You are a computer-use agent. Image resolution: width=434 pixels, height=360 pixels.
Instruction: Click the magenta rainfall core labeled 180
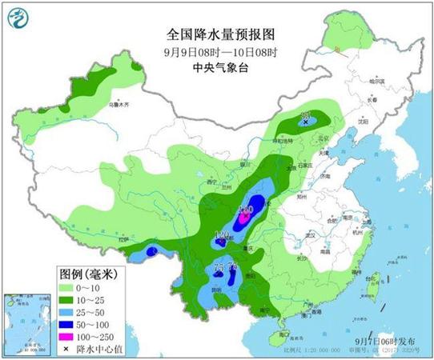click(246, 214)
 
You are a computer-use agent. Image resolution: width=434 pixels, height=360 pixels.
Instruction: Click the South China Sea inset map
click(25, 321)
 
